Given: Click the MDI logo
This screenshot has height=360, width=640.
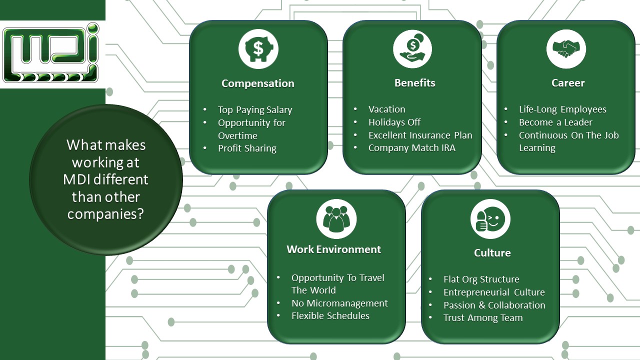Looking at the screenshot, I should [x=51, y=53].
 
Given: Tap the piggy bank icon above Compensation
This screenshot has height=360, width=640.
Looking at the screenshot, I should [x=258, y=49].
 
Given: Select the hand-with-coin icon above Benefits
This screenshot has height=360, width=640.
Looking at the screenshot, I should [x=412, y=49].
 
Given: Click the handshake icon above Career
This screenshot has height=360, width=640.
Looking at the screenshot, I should [x=566, y=48].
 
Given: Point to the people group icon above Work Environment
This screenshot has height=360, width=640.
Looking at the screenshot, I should [x=336, y=218].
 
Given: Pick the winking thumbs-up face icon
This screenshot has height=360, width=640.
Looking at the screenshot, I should [x=490, y=219].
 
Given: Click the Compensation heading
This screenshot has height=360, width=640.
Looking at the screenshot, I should [x=258, y=83].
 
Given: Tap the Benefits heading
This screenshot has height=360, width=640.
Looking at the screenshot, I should [x=414, y=83].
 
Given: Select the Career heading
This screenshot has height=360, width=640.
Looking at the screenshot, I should [x=568, y=83].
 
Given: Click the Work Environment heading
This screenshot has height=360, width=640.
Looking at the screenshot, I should [x=333, y=249].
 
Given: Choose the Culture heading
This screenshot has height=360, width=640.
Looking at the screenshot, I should [x=492, y=253].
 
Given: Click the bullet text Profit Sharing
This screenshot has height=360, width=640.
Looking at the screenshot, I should [x=247, y=148].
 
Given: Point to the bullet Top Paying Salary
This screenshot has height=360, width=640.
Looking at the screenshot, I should [x=255, y=110].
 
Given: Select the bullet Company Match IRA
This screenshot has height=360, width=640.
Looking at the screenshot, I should [x=412, y=148].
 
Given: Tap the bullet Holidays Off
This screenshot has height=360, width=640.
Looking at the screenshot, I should [x=394, y=122].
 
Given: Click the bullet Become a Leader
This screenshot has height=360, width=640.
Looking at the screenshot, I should [x=555, y=122].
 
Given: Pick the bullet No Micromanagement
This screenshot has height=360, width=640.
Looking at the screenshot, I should [x=339, y=303].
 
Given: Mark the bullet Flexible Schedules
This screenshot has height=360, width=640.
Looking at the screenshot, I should [x=330, y=316].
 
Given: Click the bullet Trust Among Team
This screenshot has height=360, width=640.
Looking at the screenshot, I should [x=483, y=318].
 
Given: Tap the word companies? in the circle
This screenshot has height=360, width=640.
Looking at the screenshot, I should [x=105, y=214].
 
